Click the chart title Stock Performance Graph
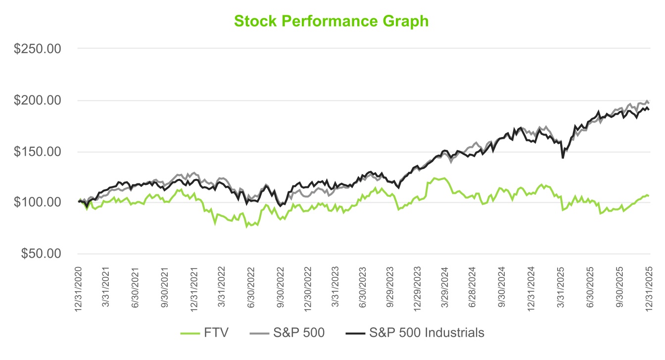(331, 21)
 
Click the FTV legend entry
(206, 332)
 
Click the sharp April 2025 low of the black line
(563, 158)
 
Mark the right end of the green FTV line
(648, 196)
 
